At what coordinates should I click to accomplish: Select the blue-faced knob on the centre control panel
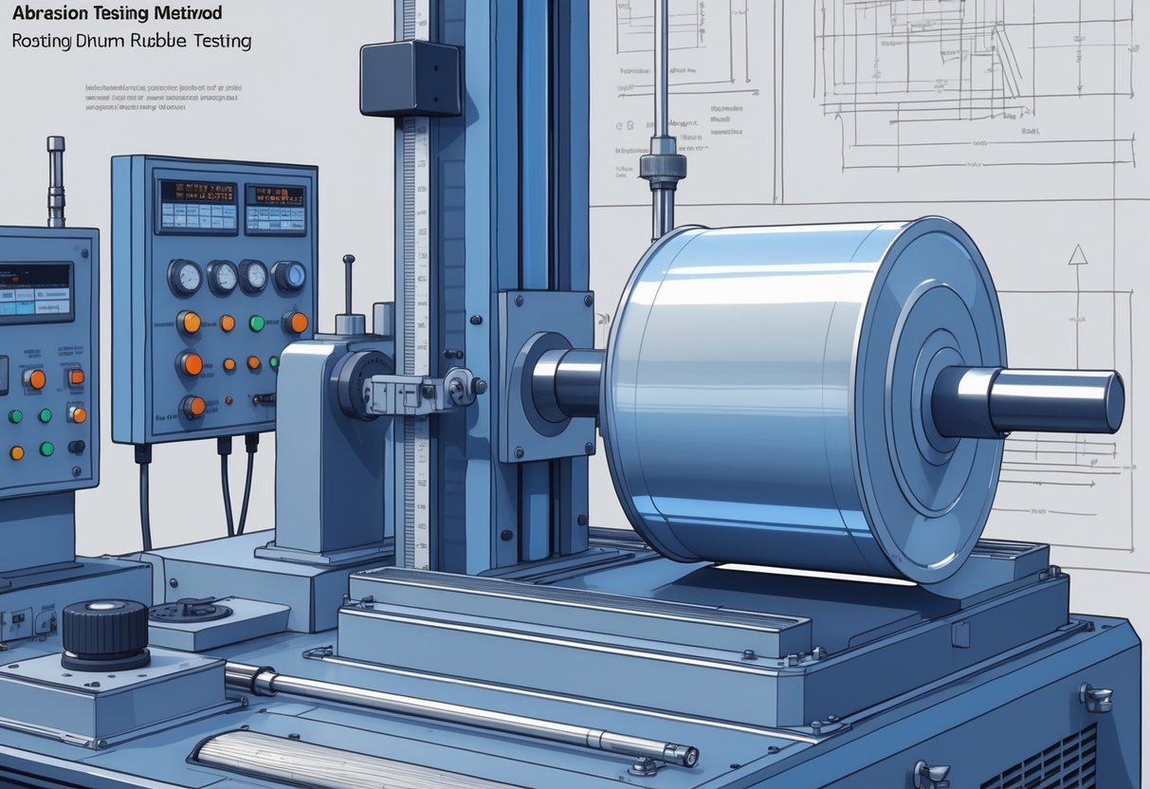coord(288,276)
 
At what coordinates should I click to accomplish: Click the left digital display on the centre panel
coord(198,206)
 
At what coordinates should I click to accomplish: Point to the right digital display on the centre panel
coord(275,209)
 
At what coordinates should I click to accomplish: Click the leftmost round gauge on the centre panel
coord(184,278)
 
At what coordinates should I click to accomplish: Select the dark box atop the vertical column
coord(410,79)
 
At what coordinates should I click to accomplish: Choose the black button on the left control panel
coord(75,447)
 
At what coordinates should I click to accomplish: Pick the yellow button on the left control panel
coord(17,452)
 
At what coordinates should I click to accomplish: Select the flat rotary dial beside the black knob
coord(190,610)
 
